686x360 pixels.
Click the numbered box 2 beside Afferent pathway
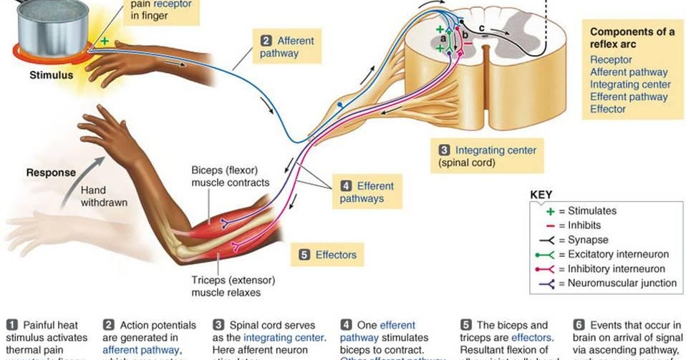[x=266, y=41]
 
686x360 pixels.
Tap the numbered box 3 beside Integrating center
[x=444, y=150]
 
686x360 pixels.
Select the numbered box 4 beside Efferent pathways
[x=345, y=186]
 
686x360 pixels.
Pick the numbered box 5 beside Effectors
[x=304, y=254]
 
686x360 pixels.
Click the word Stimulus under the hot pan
[x=51, y=74]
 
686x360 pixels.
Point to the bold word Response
[x=51, y=172]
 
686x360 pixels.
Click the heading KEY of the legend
[x=541, y=194]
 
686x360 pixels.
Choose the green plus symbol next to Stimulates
[x=549, y=211]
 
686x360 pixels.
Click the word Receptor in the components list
[x=611, y=59]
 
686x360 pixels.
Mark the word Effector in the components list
[x=608, y=109]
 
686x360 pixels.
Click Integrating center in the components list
[x=630, y=84]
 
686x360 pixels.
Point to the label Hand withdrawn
[x=104, y=197]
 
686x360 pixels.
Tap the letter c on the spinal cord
[x=481, y=29]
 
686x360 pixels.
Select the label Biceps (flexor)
[x=226, y=170]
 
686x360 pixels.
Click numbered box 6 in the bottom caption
[x=579, y=326]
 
